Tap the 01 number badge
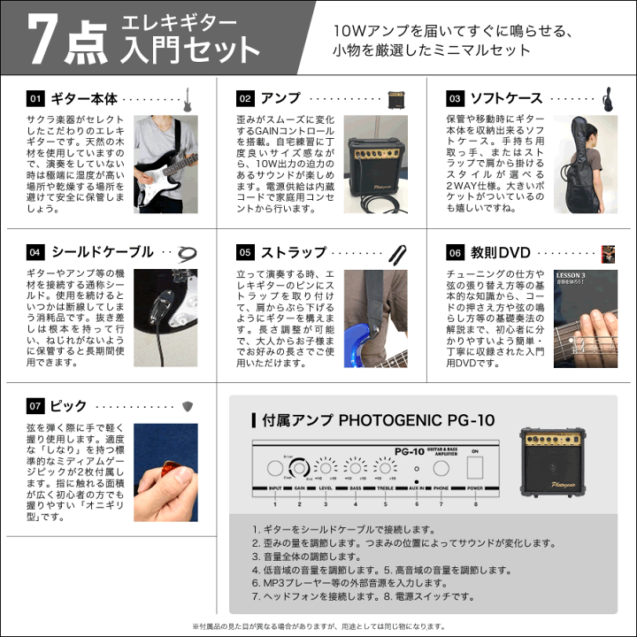[x=35, y=98]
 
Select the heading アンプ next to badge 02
[x=282, y=98]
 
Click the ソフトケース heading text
[x=507, y=98]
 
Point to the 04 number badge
[x=35, y=252]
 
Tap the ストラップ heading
[x=294, y=252]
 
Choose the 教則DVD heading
[x=500, y=252]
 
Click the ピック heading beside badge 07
[x=69, y=406]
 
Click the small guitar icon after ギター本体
[x=187, y=98]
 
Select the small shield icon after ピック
[x=187, y=406]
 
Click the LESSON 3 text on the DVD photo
[x=571, y=276]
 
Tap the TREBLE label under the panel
[x=384, y=488]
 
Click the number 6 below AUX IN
[x=416, y=503]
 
